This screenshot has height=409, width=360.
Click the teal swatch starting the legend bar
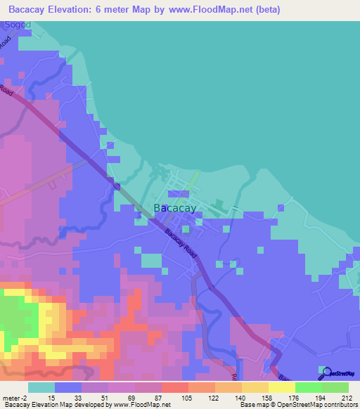(41, 388)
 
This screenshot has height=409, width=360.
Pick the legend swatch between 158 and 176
(282, 388)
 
